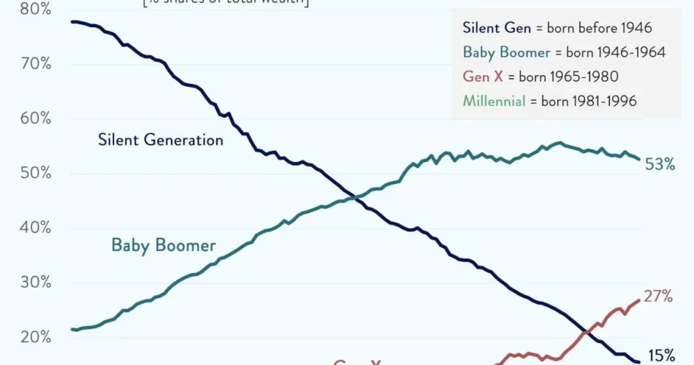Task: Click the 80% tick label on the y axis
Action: click(35, 9)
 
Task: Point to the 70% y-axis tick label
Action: click(35, 64)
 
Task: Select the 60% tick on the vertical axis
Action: click(35, 118)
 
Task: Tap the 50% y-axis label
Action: click(35, 173)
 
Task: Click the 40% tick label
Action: click(35, 228)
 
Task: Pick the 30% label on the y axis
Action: click(35, 283)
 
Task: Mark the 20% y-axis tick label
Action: click(35, 337)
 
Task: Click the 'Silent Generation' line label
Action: click(161, 139)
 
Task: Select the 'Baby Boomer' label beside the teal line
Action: click(164, 245)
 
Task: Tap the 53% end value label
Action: click(660, 165)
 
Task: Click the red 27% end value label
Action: click(657, 296)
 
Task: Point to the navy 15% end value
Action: click(660, 356)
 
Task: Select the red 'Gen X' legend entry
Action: click(483, 76)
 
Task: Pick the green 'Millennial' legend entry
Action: click(495, 101)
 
